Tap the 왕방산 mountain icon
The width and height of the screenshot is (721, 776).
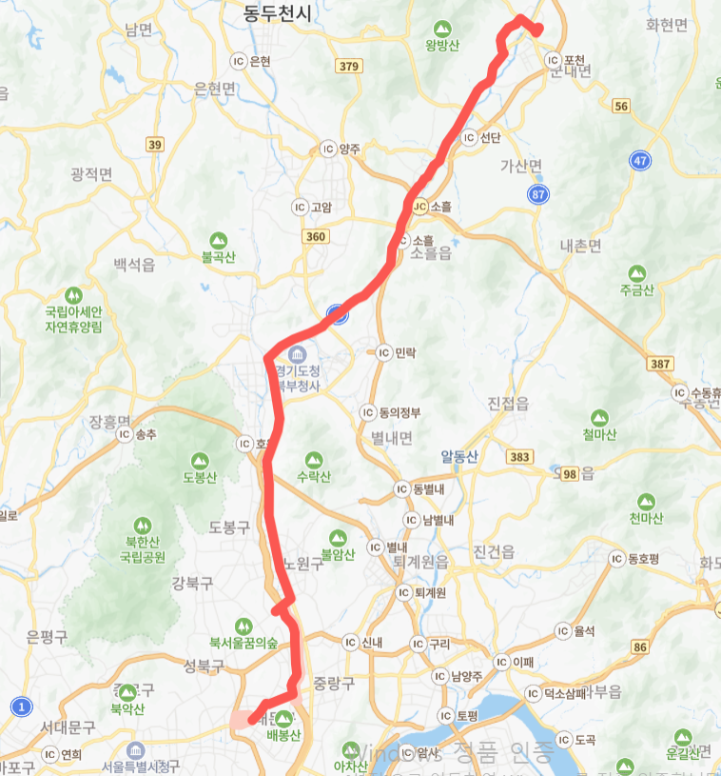point(441,29)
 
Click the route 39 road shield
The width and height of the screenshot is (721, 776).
point(154,144)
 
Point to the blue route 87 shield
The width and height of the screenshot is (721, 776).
point(539,194)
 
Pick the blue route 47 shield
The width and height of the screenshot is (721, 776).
point(639,161)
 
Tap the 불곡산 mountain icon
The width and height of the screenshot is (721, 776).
point(220,239)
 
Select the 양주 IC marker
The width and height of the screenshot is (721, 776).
point(328,149)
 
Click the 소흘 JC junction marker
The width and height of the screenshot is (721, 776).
point(419,206)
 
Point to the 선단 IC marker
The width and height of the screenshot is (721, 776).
point(469,137)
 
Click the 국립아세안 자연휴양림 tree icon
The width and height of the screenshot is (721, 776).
point(74,294)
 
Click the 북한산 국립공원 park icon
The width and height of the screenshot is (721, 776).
point(142,526)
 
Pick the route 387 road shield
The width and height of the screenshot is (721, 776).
point(655,365)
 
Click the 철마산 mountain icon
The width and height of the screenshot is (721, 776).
point(599,418)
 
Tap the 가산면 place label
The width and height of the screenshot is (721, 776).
point(520,166)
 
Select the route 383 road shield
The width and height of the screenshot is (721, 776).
point(519,458)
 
